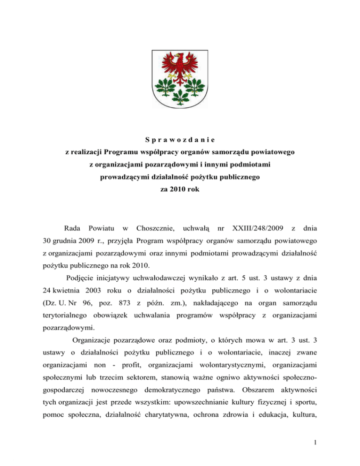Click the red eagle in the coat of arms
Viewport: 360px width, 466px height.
(x=180, y=63)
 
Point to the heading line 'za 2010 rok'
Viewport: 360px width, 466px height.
(x=180, y=191)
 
